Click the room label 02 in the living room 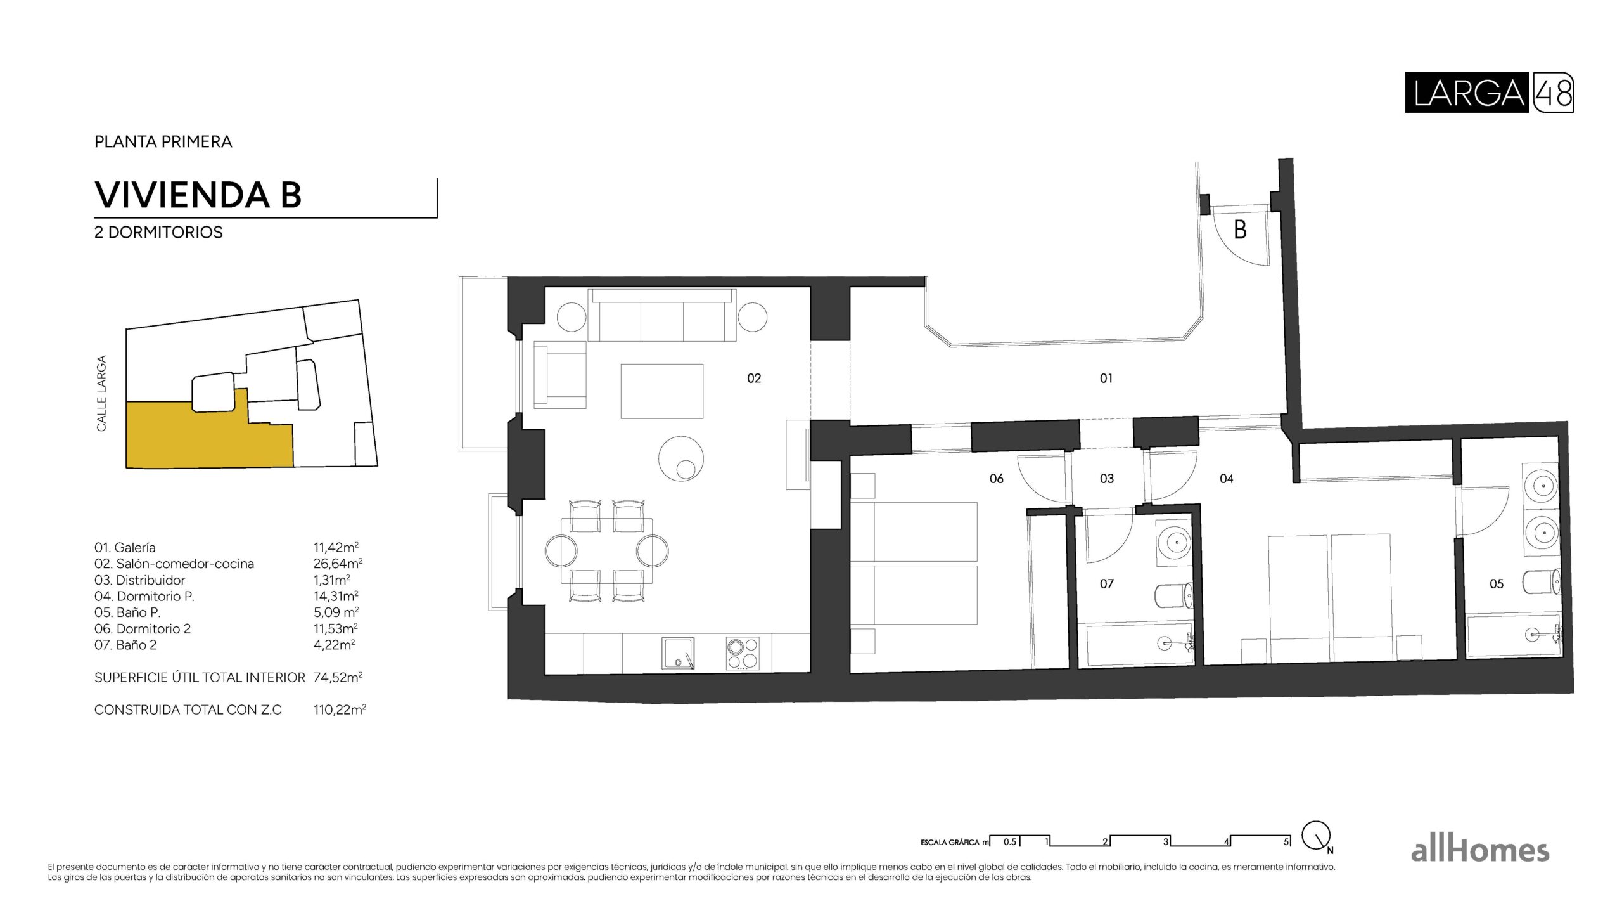753,379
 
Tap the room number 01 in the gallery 1106,379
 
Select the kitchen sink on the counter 678,653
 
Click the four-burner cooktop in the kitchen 742,653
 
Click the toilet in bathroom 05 1541,582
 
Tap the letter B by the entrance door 1240,230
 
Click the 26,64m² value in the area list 338,564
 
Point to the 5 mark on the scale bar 1286,842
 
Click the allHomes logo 1479,850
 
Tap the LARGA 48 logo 1489,93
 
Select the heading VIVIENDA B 198,195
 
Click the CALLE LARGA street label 101,393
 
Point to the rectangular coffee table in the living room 661,391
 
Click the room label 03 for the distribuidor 1106,479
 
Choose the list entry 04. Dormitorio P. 144,596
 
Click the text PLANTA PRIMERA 163,141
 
